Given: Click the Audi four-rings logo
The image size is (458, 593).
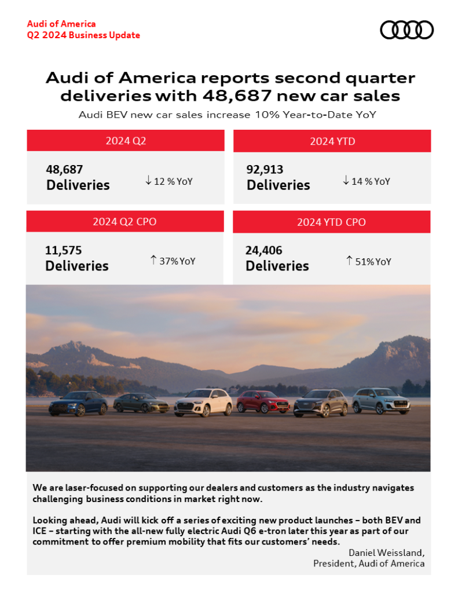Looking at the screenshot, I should pyautogui.click(x=406, y=30).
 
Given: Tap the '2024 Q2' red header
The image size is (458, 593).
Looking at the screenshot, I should pyautogui.click(x=126, y=141).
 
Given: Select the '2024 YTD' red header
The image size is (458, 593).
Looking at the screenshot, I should pyautogui.click(x=332, y=141).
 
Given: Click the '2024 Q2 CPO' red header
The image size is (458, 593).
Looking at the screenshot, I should pyautogui.click(x=124, y=222).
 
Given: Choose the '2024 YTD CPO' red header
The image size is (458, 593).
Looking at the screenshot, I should pyautogui.click(x=331, y=222).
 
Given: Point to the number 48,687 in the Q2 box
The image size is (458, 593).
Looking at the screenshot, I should pyautogui.click(x=65, y=170).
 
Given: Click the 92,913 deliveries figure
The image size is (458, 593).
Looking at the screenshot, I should pyautogui.click(x=265, y=170).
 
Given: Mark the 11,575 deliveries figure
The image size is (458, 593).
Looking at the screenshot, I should pyautogui.click(x=64, y=251).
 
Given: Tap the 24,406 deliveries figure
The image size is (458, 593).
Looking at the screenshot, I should pyautogui.click(x=264, y=251).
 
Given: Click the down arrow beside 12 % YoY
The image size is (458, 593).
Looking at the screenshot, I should pyautogui.click(x=149, y=181).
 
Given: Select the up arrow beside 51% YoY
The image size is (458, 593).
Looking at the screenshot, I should pyautogui.click(x=349, y=261).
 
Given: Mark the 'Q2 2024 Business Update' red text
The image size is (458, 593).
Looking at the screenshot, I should pyautogui.click(x=83, y=35).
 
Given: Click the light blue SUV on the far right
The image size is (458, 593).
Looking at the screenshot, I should pyautogui.click(x=381, y=401).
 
